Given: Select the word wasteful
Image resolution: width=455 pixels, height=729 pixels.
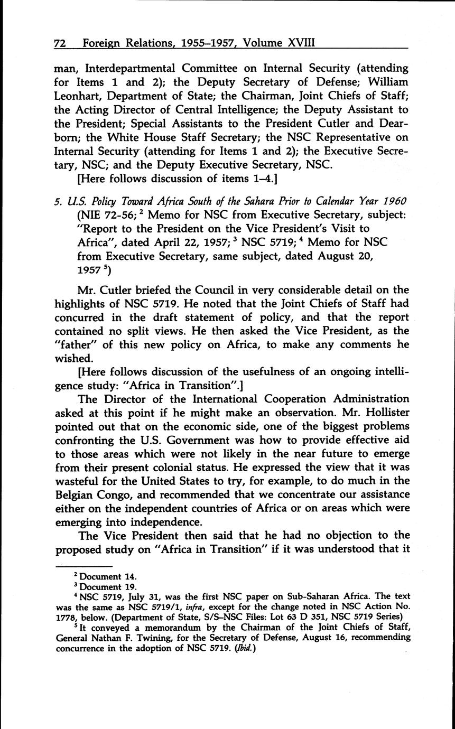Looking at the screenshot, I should click(x=80, y=481).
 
